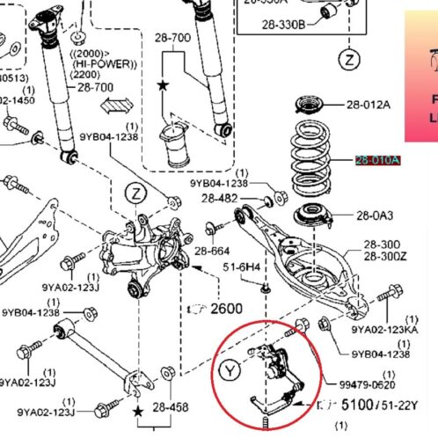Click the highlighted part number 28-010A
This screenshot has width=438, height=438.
pos(377,160)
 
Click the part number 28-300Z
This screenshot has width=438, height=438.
pos(379,255)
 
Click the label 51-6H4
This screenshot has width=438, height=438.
pos(241,266)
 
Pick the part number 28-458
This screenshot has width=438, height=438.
pos(171,408)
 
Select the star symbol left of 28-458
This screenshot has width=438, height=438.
pos(138,411)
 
